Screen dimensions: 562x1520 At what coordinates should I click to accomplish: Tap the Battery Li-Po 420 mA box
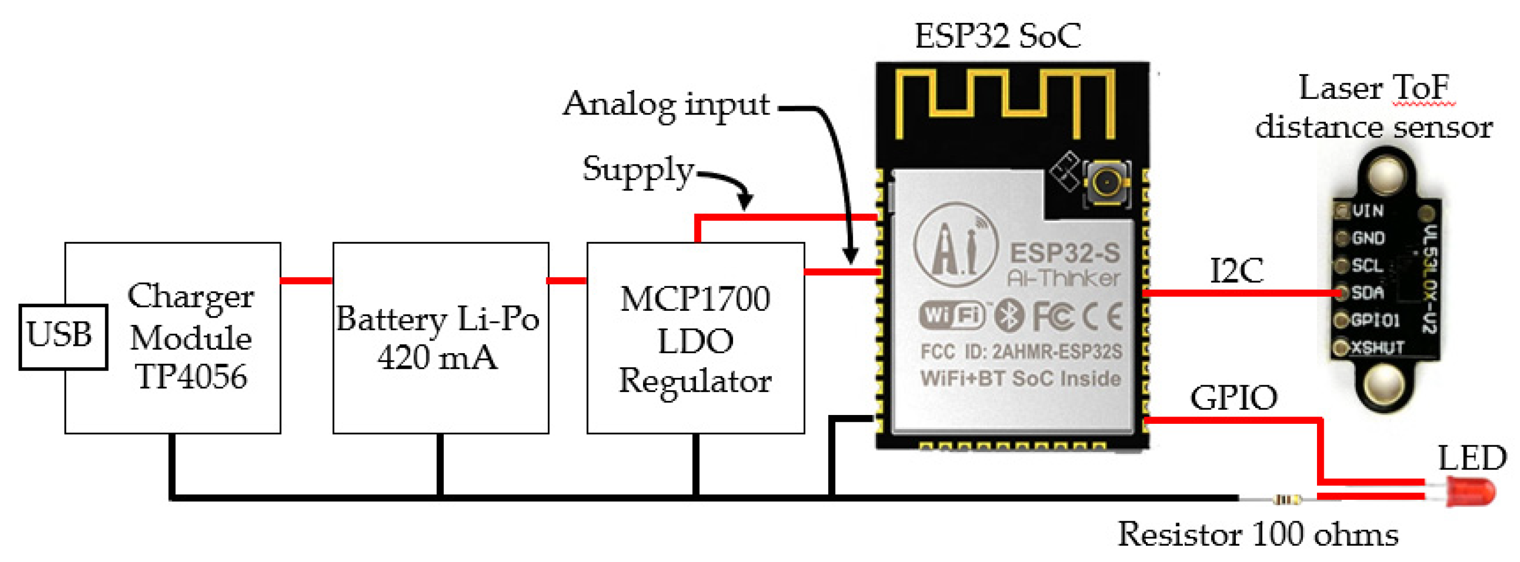[x=440, y=338]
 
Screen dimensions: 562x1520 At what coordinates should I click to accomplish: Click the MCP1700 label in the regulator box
[x=695, y=299]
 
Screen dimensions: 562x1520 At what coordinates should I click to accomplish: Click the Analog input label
[x=666, y=105]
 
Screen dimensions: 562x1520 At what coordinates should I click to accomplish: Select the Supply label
[x=638, y=170]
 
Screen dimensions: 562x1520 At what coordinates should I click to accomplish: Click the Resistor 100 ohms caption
[x=1257, y=535]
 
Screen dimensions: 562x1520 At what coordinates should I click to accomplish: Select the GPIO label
[x=1234, y=398]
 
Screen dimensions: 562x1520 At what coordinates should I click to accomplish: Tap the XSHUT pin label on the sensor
[x=1377, y=347]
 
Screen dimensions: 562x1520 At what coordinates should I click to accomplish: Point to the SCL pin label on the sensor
[x=1367, y=266]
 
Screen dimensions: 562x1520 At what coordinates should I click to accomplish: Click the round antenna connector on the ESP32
[x=1106, y=184]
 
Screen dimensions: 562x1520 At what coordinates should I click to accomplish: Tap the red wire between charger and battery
[x=306, y=280]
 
